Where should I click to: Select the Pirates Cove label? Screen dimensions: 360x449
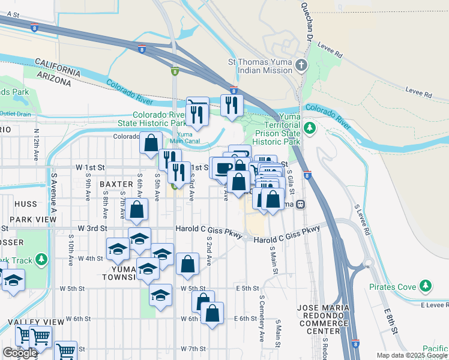click(394, 287)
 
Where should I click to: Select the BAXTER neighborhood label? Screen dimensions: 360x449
click(116, 184)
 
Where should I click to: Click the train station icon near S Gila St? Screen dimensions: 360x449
click(300, 204)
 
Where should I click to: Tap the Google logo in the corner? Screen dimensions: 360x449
click(20, 353)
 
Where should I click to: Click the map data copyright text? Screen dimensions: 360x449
click(411, 355)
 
